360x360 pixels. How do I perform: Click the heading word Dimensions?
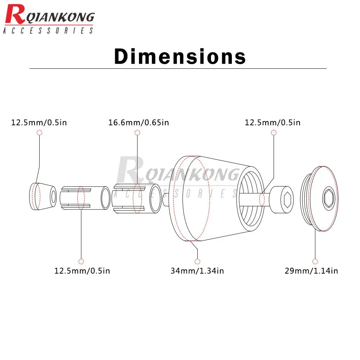[x=180, y=57]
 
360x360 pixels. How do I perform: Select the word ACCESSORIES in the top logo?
[x=48, y=31]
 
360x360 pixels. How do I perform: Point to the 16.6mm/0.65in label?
[x=139, y=123]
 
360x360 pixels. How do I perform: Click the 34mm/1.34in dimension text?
[x=197, y=271]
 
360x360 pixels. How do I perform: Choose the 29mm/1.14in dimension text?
[x=311, y=271]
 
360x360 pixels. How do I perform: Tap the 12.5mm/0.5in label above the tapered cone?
[x=39, y=123]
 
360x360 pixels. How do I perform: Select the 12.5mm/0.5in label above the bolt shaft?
[x=273, y=123]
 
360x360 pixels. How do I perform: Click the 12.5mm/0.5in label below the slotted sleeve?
[x=82, y=271]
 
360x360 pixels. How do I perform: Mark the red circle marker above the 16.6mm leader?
[x=137, y=133]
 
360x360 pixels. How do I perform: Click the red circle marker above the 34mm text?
[x=197, y=261]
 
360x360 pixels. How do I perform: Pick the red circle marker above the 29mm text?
[x=315, y=261]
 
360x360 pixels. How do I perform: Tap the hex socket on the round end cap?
[x=329, y=198]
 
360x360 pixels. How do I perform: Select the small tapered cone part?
[x=42, y=196]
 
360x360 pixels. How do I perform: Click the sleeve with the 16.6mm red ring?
[x=137, y=198]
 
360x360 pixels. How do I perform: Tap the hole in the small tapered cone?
[x=53, y=197]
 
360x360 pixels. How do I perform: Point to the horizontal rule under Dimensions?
[x=177, y=68]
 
